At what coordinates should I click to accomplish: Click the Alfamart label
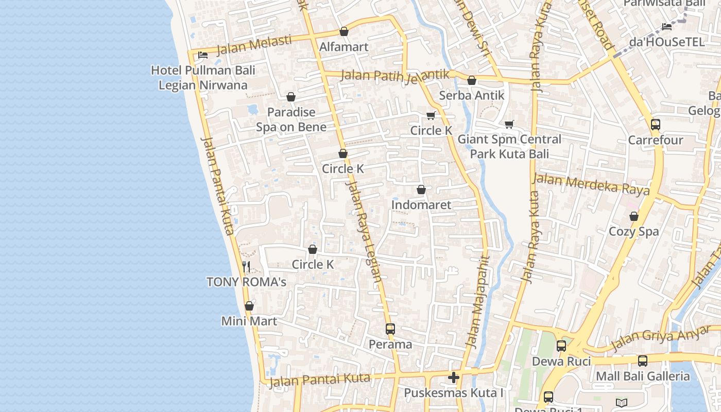pos(344,47)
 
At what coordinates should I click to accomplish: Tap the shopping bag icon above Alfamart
pos(344,31)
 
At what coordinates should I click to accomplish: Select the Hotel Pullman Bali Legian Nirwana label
pos(203,78)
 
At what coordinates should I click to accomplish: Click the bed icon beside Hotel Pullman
pos(203,55)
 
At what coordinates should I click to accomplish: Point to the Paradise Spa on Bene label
pos(291,119)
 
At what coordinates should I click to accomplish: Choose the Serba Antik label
pos(472,95)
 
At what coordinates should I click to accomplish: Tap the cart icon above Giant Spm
pos(509,124)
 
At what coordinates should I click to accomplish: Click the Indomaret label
pos(421,204)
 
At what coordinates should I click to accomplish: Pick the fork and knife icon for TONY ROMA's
pos(246,266)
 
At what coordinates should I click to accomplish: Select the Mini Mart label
pos(249,321)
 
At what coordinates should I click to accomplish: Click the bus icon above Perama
pos(390,329)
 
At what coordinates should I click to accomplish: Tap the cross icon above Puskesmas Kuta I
pos(453,377)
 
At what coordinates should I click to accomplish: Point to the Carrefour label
pos(656,140)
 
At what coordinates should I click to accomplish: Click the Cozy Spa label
pos(634,231)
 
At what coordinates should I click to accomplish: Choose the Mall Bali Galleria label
pos(643,376)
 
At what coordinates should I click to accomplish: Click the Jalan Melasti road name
pos(254,45)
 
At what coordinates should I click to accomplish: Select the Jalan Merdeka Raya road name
pos(591,184)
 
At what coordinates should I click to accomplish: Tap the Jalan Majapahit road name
pos(477,301)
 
